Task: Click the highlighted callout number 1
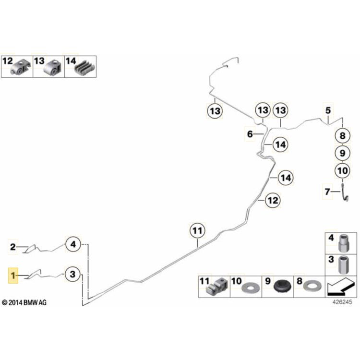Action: [x=13, y=276]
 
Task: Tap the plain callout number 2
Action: [x=13, y=247]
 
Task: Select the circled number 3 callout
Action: [x=73, y=274]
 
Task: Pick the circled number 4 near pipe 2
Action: [x=73, y=244]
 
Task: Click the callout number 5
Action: [x=328, y=110]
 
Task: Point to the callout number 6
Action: [x=250, y=134]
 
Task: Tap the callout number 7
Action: [x=327, y=192]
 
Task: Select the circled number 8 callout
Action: [x=342, y=135]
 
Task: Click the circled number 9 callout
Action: [x=342, y=153]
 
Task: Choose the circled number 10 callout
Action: [x=342, y=170]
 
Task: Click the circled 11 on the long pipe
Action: [x=197, y=230]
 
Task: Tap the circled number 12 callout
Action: [x=273, y=201]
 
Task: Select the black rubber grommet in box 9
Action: [x=283, y=286]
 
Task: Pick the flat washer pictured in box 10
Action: [x=251, y=287]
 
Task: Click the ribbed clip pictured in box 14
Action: [x=85, y=68]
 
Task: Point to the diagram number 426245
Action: [x=342, y=302]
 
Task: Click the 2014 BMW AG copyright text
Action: [x=24, y=302]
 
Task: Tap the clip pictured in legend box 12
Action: [x=21, y=68]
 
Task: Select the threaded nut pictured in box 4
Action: [x=344, y=243]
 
